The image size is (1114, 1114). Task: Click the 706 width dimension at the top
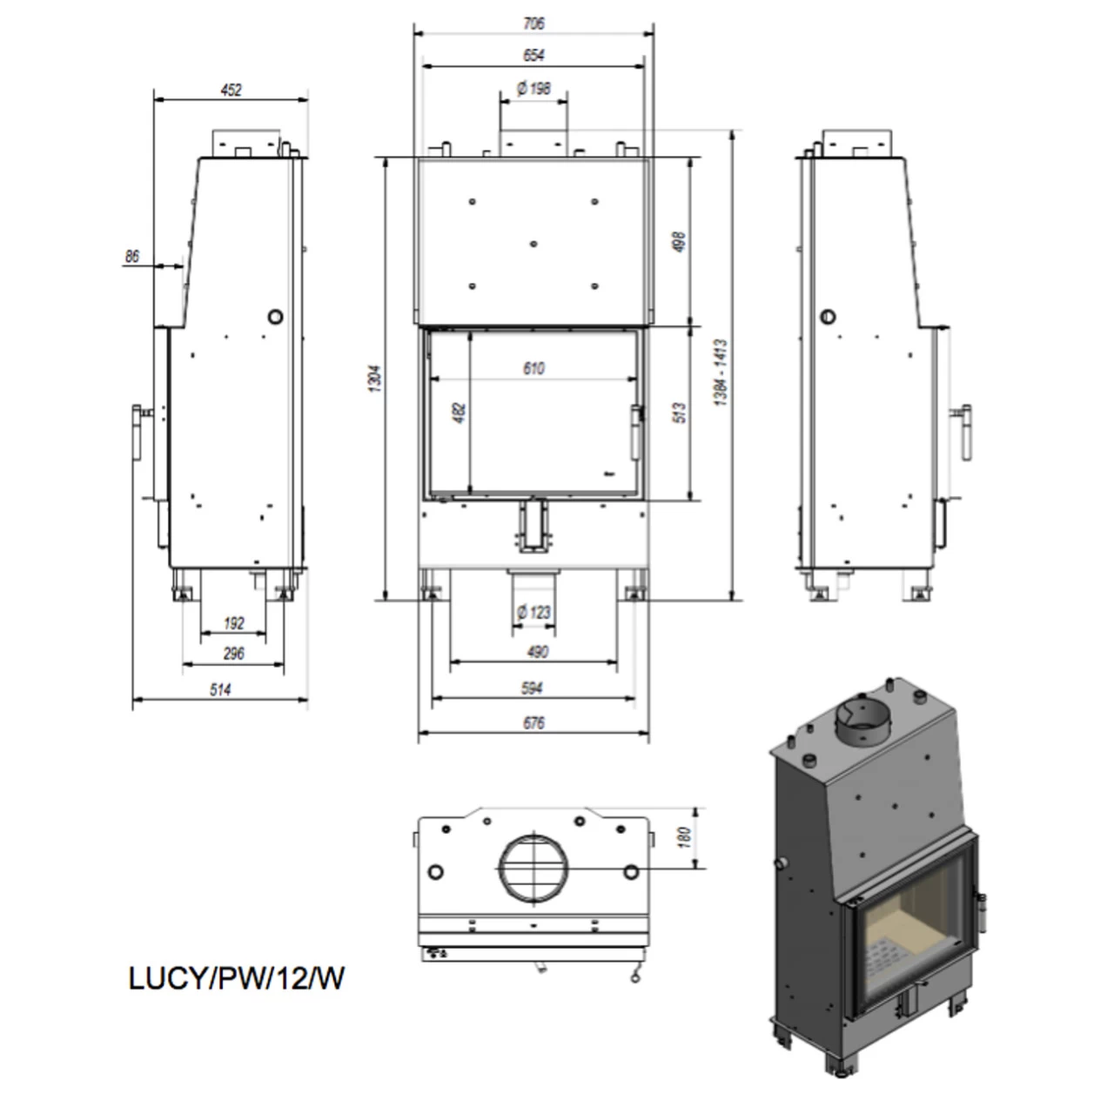click(534, 23)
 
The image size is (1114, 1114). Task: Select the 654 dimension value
click(534, 55)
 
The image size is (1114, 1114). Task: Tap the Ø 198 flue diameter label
click(534, 88)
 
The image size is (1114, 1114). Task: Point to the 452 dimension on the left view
click(231, 90)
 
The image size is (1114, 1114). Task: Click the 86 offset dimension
click(132, 256)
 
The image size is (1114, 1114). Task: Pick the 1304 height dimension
click(375, 378)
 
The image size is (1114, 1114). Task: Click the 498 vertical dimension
click(680, 242)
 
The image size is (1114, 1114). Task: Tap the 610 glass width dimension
click(534, 368)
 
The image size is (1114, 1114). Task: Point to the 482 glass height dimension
click(460, 413)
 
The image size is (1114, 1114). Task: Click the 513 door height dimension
click(680, 412)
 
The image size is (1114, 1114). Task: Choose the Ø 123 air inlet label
click(534, 612)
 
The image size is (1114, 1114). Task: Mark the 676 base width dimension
click(534, 722)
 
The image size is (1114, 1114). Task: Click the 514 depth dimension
click(221, 689)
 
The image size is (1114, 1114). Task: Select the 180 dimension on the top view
click(684, 837)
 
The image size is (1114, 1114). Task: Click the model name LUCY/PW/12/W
click(236, 977)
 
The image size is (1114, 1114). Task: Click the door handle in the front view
click(635, 433)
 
